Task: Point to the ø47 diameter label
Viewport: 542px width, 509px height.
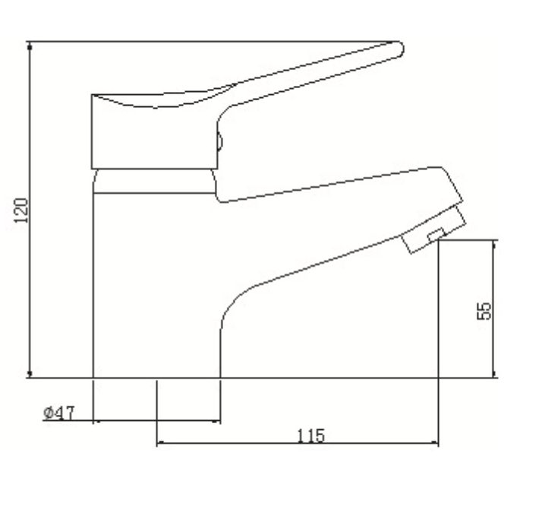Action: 58,413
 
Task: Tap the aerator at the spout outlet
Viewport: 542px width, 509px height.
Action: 433,229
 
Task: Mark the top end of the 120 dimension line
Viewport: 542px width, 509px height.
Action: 30,43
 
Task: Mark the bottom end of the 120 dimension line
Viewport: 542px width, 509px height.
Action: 30,376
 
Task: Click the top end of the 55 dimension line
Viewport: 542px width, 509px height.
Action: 495,241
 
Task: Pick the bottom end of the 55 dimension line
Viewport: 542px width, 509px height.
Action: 495,376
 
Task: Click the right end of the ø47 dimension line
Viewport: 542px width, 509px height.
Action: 219,421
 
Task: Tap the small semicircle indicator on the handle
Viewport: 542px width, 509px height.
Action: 219,141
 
